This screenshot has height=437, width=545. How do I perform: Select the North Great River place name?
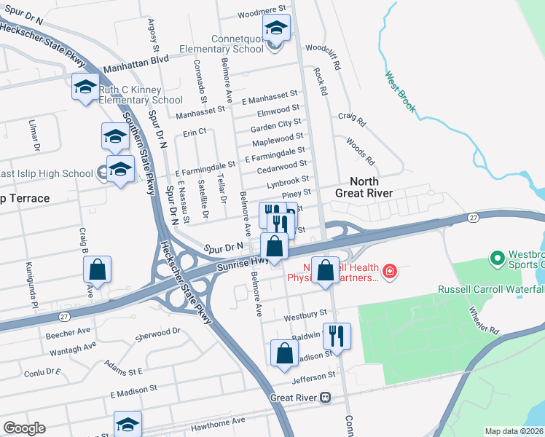364,187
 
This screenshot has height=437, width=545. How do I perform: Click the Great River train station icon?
326,398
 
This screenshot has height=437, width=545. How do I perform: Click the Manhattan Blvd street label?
136,63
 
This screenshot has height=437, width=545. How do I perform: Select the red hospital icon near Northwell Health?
391,271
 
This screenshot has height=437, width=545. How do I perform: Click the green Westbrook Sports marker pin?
498,259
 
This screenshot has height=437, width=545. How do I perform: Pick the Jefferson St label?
313,376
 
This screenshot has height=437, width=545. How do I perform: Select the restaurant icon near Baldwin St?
337,336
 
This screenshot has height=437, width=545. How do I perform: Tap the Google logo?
24,428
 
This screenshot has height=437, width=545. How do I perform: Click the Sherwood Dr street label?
158,335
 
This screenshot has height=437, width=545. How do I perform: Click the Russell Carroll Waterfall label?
490,289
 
